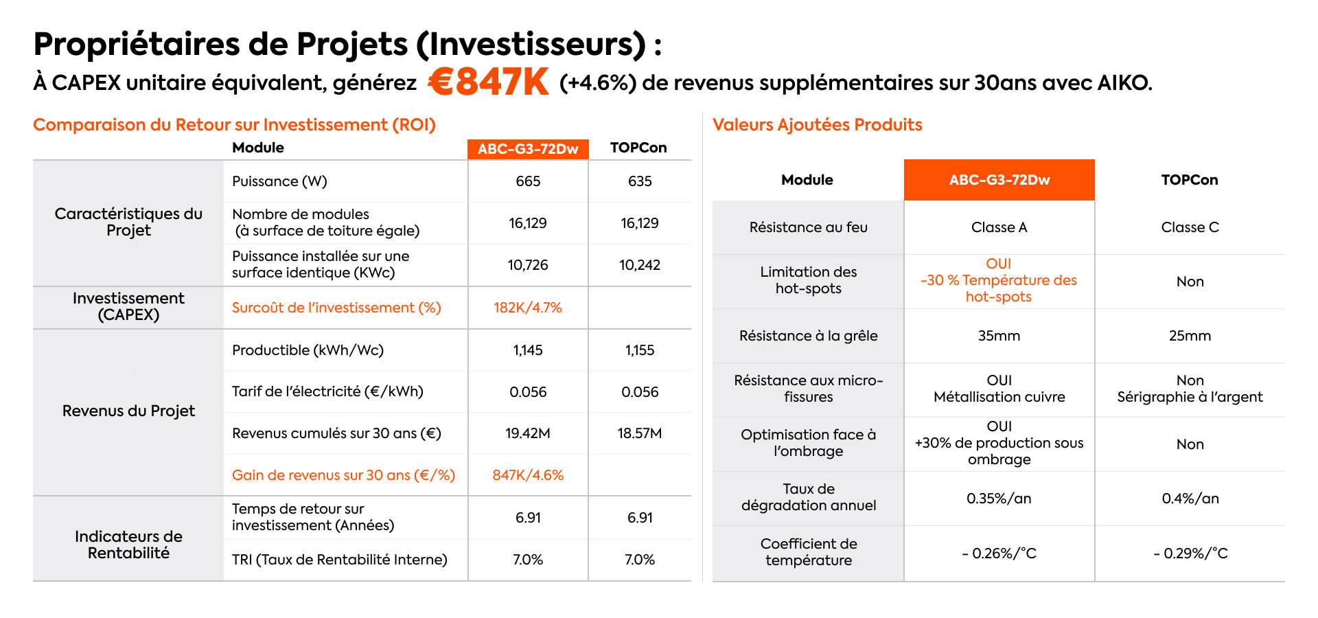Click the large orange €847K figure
[x=488, y=82]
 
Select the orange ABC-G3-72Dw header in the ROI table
[x=528, y=149]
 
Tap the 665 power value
[x=528, y=181]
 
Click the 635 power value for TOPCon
[x=640, y=181]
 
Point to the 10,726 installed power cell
[x=528, y=265]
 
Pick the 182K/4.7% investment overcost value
[x=528, y=308]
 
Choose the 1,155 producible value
[x=640, y=350]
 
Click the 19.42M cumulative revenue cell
[x=528, y=433]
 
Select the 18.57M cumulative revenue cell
[x=640, y=433]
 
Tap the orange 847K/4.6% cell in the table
[x=528, y=475]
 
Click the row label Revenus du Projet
[x=128, y=411]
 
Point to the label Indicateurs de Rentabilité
[x=128, y=545]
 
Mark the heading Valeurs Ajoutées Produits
[x=817, y=124]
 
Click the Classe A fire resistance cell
[x=999, y=227]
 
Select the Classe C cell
[x=1190, y=227]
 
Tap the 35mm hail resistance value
[x=999, y=336]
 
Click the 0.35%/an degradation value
[x=999, y=499]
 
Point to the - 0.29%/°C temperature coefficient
[x=1190, y=553]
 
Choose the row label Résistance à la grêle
[x=808, y=336]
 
